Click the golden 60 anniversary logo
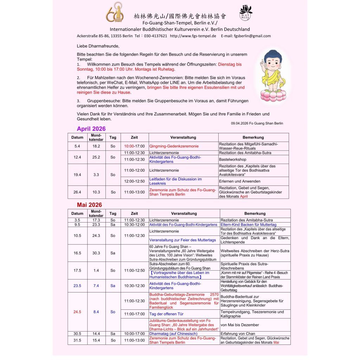pos(115,12)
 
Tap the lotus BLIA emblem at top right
pos(246,13)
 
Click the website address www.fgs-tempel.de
pos(193,36)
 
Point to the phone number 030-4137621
pos(150,36)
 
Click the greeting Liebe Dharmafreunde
pos(98,46)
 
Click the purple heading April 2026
pos(91,129)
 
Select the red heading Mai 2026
pos(89,205)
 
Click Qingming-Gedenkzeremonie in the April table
pos(174,146)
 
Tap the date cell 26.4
pos(77,192)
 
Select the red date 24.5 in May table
pos(77,312)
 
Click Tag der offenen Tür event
pos(167,314)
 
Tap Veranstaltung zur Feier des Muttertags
pos(182,240)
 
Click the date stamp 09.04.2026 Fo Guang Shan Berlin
pos(257,123)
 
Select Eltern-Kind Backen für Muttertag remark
pos(248,225)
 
